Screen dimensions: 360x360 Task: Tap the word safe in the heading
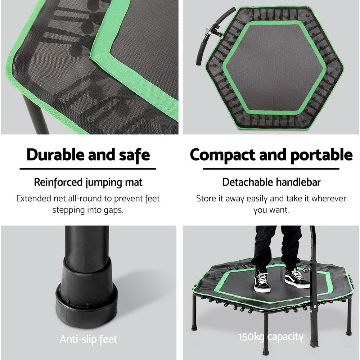tap(132, 155)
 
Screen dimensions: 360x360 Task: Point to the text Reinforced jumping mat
tap(88, 182)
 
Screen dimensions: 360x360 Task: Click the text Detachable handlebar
tap(271, 182)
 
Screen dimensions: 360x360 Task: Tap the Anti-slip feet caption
tap(88, 339)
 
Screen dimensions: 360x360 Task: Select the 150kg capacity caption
tap(271, 337)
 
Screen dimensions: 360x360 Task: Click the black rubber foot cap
tap(86, 295)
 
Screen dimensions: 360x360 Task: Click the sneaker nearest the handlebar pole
tap(296, 278)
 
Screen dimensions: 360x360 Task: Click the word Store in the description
tap(206, 198)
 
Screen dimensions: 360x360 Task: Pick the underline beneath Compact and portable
tap(271, 168)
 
